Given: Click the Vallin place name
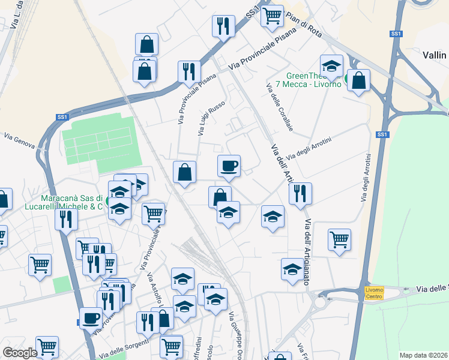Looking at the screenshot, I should [435, 55].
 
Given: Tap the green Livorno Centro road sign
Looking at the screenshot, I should [374, 293].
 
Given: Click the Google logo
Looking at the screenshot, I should [20, 352].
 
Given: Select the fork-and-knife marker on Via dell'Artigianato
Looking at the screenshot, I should [300, 193].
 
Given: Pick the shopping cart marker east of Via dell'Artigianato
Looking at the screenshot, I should [339, 239].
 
